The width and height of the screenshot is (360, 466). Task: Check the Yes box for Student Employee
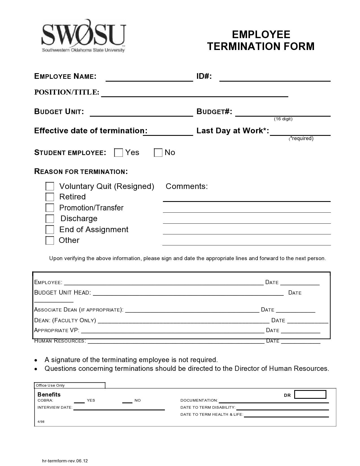[x=119, y=153]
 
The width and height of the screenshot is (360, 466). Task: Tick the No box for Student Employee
[x=158, y=153]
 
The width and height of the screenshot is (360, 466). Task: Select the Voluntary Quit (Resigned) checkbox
[x=50, y=186]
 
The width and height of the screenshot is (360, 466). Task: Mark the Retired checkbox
[x=50, y=197]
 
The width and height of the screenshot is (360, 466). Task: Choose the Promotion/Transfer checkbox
[x=50, y=208]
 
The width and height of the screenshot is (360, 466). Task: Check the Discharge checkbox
[x=50, y=219]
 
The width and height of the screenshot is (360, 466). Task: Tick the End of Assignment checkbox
[x=50, y=229]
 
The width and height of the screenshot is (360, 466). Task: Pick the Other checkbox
[x=50, y=240]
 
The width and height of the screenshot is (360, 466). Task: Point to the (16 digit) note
[x=283, y=119]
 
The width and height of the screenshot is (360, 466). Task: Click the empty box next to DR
[x=310, y=394]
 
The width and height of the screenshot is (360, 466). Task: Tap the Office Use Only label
[x=50, y=386]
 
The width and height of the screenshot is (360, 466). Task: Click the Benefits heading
[x=49, y=395]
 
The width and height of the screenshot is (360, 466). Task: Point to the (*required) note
[x=301, y=138]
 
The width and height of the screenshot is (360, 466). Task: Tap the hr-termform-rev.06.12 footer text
[x=65, y=461]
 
